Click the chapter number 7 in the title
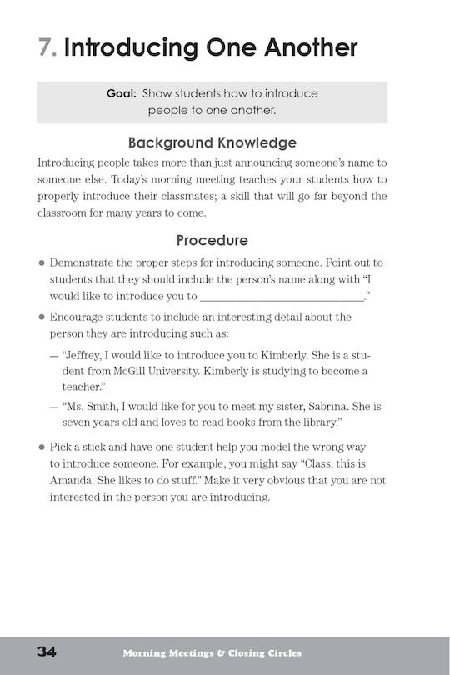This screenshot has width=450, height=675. (x=47, y=47)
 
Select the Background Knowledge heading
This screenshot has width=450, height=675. (x=212, y=142)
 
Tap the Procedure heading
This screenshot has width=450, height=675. (x=212, y=240)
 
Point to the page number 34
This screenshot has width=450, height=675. (x=47, y=652)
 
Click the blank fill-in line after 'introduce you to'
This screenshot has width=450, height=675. (x=282, y=296)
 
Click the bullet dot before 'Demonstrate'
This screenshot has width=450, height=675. (x=41, y=262)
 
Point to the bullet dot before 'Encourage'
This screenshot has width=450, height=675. (x=41, y=317)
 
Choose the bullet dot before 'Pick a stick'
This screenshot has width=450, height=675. (x=41, y=447)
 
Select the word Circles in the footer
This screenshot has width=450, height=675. (x=280, y=653)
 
